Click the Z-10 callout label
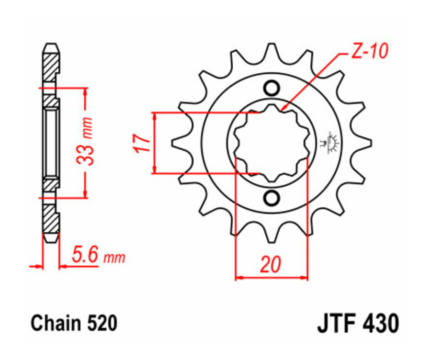click(x=369, y=52)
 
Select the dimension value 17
click(x=142, y=143)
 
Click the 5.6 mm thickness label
click(x=98, y=257)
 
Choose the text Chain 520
click(x=74, y=324)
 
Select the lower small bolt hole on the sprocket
click(x=271, y=197)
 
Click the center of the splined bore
click(x=271, y=143)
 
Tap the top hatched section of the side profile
click(x=51, y=65)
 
